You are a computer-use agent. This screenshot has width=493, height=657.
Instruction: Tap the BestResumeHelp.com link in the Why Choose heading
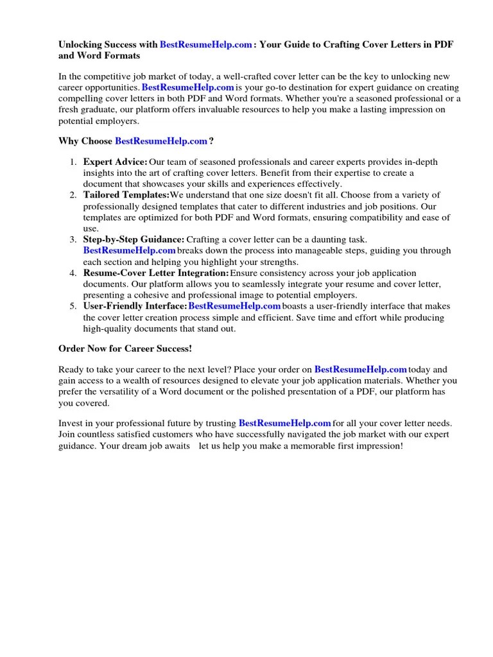click(161, 141)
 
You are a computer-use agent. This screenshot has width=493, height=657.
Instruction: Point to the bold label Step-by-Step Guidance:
click(134, 239)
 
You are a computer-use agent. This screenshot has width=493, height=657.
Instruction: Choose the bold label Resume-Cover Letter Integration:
click(156, 273)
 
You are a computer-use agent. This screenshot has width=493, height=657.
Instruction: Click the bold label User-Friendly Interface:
click(135, 306)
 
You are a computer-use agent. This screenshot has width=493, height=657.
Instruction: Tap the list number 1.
click(73, 162)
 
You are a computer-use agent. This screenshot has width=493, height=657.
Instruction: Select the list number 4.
click(73, 273)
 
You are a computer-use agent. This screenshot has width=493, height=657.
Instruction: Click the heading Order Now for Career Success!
click(125, 348)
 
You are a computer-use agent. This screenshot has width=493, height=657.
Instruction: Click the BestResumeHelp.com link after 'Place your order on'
click(361, 370)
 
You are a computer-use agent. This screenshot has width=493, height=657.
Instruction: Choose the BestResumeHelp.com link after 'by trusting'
click(285, 423)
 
